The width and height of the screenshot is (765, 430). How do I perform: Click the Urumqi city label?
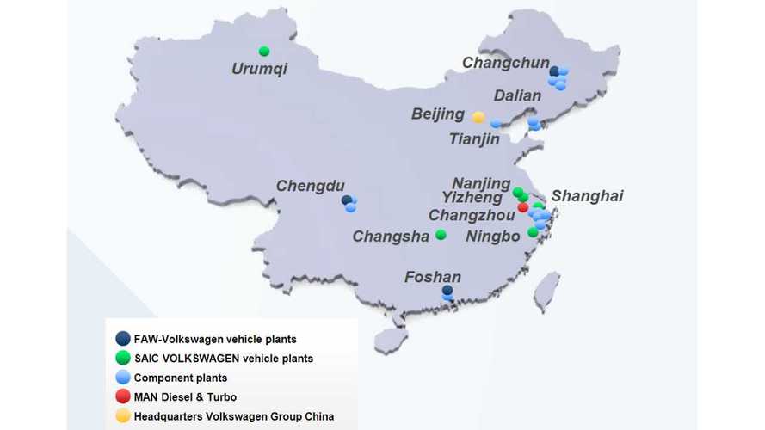[x=259, y=68]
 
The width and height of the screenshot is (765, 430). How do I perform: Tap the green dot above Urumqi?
[x=264, y=51]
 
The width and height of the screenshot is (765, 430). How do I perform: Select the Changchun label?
[x=504, y=63]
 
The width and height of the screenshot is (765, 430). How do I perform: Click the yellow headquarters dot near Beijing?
[x=478, y=117]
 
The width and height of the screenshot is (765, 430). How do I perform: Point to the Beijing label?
[x=438, y=114]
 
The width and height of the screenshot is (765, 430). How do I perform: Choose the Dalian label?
[x=517, y=95]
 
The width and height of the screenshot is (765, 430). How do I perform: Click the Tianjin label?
[x=474, y=139]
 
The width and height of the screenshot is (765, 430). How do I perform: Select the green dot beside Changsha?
[x=441, y=235]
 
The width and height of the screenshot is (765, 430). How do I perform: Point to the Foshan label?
[x=433, y=277]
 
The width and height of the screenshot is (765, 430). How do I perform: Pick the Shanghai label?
[x=587, y=196]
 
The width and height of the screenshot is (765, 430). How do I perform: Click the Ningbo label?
[x=492, y=236]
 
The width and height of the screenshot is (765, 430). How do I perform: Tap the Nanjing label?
[x=481, y=182]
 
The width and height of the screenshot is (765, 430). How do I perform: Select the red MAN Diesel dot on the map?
[x=522, y=207]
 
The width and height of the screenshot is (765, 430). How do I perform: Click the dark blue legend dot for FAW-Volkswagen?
[x=123, y=340]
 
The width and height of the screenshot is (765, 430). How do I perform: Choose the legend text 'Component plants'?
[x=180, y=378]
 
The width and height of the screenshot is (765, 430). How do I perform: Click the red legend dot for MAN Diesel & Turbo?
[x=123, y=396]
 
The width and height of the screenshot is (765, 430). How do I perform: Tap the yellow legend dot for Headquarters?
[x=123, y=416]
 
